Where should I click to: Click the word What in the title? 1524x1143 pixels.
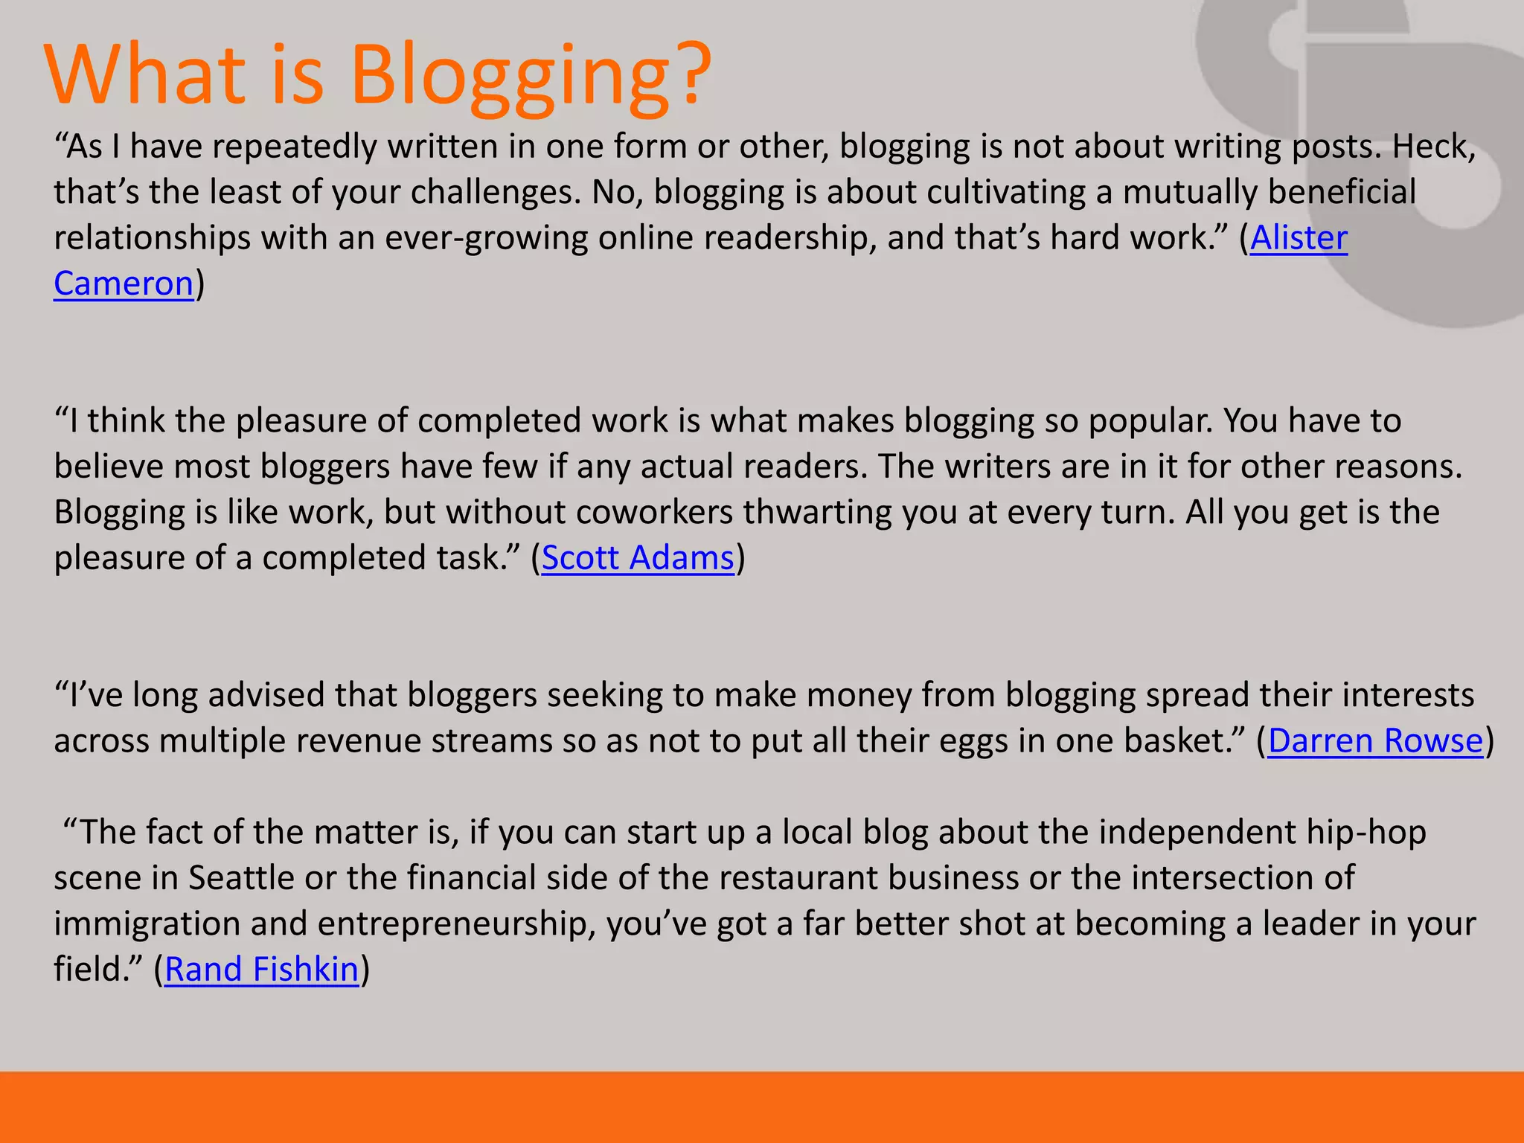(145, 74)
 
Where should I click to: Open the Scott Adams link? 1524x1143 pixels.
(638, 558)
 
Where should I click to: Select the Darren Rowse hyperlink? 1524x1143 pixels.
(1375, 741)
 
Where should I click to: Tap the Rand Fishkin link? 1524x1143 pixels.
(261, 970)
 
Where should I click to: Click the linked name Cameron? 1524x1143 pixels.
(124, 284)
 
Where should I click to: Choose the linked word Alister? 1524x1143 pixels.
(1299, 238)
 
